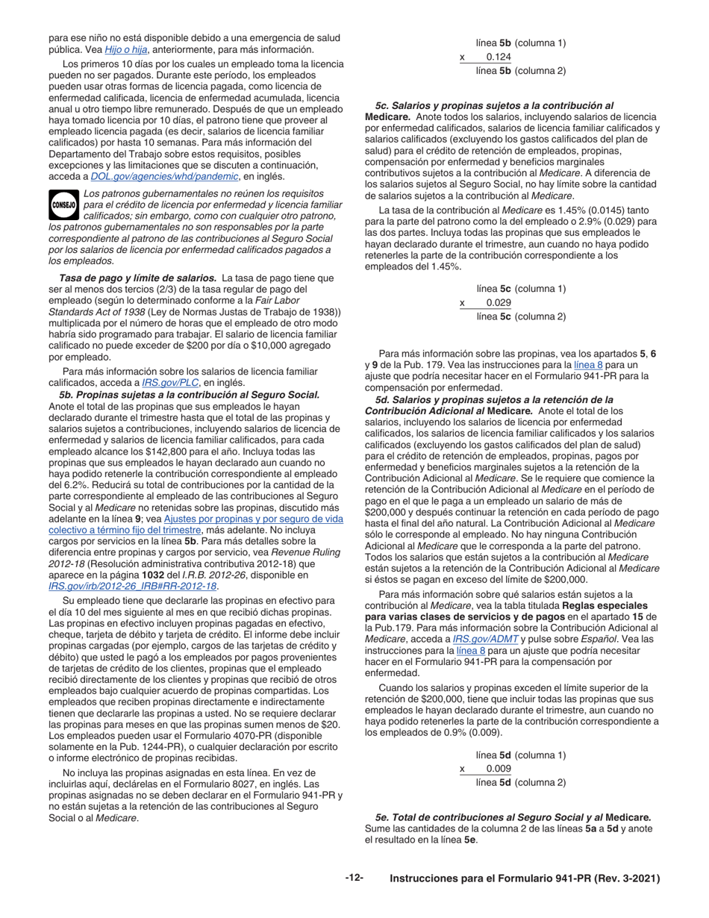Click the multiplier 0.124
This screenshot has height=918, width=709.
(x=499, y=57)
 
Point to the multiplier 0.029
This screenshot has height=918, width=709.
(x=499, y=302)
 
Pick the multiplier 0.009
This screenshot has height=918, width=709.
(x=499, y=769)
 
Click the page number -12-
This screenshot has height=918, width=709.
(x=354, y=878)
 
